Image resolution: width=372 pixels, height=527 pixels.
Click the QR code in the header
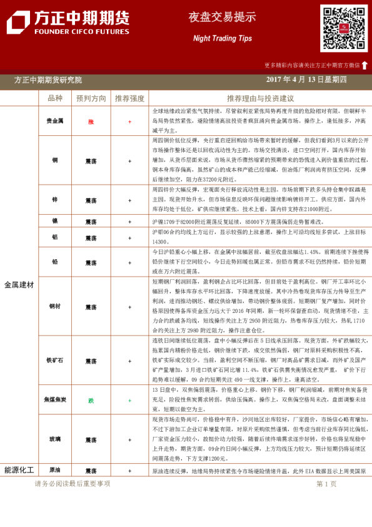(x=344, y=28)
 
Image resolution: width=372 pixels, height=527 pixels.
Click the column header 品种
(x=55, y=98)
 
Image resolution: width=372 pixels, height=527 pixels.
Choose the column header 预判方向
(x=91, y=98)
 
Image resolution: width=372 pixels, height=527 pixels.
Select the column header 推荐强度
(x=129, y=98)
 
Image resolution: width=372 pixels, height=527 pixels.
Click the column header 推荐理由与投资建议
(x=260, y=98)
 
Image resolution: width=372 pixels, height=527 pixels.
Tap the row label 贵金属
(x=55, y=121)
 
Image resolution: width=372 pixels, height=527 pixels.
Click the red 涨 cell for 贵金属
(x=91, y=121)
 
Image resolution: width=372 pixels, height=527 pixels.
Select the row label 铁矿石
(x=55, y=361)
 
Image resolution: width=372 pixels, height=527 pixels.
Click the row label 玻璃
(x=55, y=441)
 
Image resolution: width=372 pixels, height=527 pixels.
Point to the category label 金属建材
(x=19, y=285)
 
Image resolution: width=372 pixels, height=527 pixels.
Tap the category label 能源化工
(x=19, y=469)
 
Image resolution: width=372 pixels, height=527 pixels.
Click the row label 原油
(x=55, y=470)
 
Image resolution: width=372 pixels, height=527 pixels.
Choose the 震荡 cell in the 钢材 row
(x=91, y=307)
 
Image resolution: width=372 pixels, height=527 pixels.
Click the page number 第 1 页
(x=326, y=484)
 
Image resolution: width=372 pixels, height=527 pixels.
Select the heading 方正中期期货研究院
(x=48, y=80)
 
